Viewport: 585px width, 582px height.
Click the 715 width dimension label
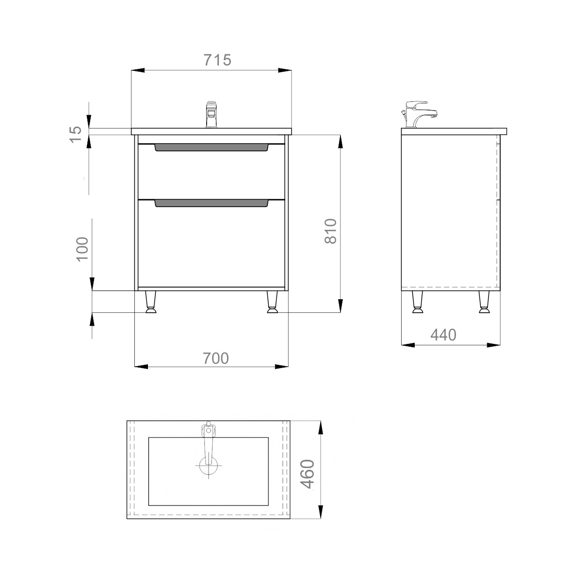(217, 60)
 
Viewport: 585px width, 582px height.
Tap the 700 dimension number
(215, 358)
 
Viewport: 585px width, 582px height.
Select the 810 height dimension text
(331, 231)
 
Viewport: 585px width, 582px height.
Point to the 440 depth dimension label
(443, 335)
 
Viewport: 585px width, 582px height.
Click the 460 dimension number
(309, 474)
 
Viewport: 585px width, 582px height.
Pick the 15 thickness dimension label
(76, 134)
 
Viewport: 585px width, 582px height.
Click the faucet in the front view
(211, 114)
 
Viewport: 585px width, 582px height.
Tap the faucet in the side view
(419, 114)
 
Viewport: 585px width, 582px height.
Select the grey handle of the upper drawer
(211, 147)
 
